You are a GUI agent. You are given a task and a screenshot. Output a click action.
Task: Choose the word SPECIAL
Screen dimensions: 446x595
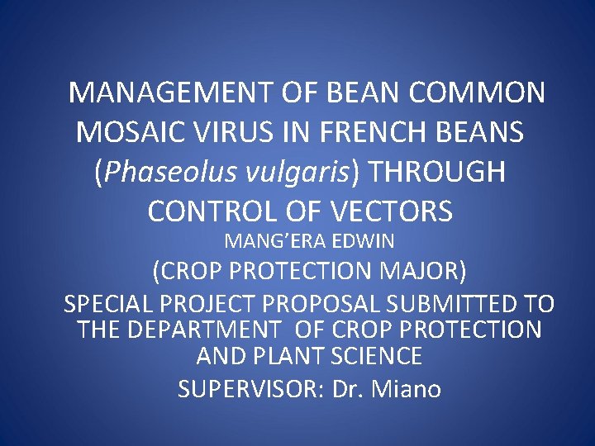click(x=111, y=304)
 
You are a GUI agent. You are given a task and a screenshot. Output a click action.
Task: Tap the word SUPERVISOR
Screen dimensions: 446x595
click(x=247, y=388)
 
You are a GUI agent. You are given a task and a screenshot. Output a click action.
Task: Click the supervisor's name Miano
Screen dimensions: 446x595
click(x=407, y=388)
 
